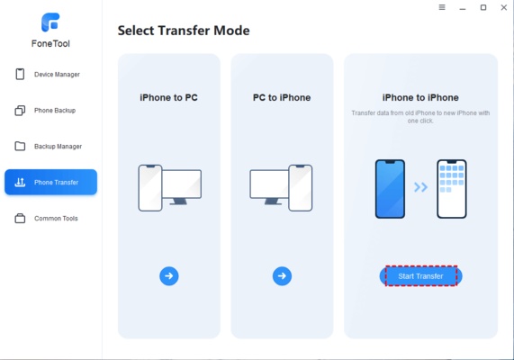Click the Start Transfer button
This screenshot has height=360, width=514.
coord(420,276)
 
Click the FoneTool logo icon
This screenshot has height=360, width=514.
coord(50,22)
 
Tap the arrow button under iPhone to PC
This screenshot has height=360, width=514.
coord(169,276)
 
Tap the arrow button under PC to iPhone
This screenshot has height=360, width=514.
coord(282,276)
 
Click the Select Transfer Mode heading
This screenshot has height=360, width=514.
coord(184,31)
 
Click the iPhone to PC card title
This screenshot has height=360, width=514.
coord(169,97)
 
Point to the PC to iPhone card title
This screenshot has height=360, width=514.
coord(282,97)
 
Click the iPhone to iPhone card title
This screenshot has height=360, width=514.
coord(420,97)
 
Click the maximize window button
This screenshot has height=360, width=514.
coord(482,8)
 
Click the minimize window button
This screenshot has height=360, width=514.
coord(462,8)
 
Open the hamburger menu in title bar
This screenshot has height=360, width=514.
coord(441,8)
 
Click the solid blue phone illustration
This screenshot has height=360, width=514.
coord(390,188)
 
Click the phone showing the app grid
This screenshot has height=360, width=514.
coord(451,188)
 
